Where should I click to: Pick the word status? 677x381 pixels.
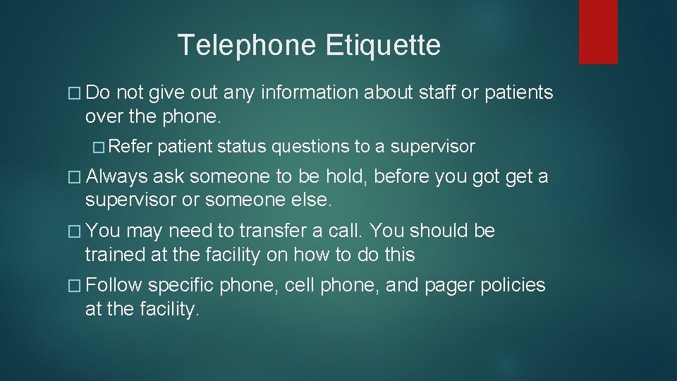click(242, 146)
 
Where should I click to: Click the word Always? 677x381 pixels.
click(116, 176)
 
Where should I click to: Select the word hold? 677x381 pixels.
click(341, 176)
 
